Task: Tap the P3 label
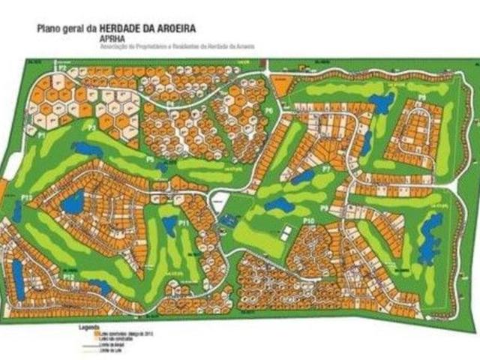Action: click(x=91, y=129)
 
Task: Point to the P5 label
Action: click(x=150, y=159)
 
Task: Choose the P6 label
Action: click(x=268, y=111)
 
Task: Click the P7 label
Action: click(x=326, y=170)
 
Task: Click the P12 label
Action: click(x=69, y=277)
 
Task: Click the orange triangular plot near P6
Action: click(x=281, y=87)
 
